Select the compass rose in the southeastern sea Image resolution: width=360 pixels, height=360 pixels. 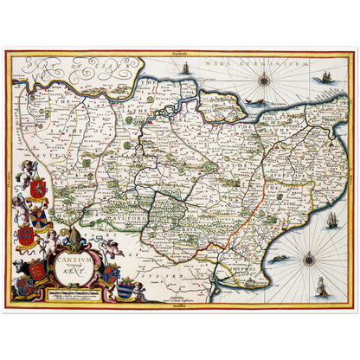coord(309,259)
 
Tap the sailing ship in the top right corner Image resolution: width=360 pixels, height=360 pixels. coord(327,77)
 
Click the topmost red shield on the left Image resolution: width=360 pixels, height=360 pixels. coord(37,187)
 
